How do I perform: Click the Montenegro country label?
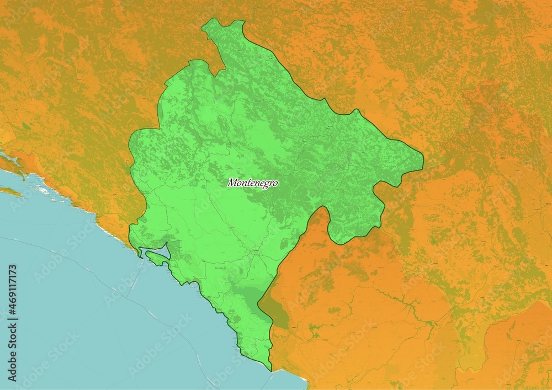pyautogui.click(x=252, y=183)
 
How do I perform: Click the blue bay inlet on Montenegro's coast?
pyautogui.click(x=161, y=252)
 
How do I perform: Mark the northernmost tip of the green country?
pyautogui.click(x=210, y=22)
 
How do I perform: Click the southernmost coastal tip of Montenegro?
pyautogui.click(x=270, y=369)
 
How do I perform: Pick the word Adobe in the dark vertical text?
pyautogui.click(x=13, y=364)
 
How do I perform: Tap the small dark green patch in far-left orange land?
pyautogui.click(x=26, y=126)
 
